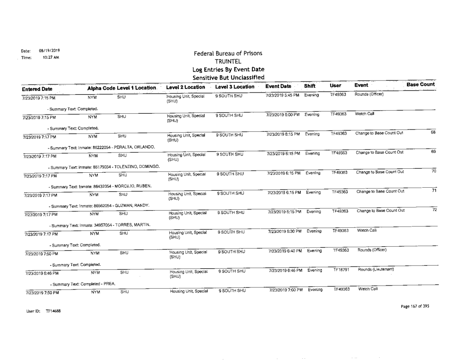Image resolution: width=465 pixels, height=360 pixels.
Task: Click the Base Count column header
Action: (x=421, y=84)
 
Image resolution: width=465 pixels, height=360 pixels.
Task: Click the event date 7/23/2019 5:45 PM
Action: (x=282, y=95)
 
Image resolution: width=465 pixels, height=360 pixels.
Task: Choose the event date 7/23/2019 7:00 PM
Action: (x=282, y=289)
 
